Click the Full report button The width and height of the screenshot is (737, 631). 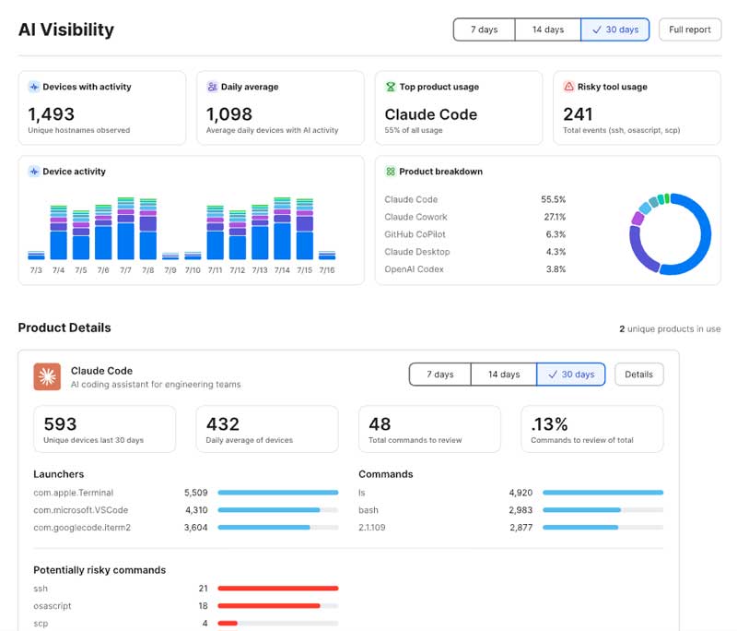point(689,30)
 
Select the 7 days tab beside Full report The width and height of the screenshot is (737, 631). point(485,30)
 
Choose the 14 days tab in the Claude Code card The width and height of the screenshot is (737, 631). point(503,375)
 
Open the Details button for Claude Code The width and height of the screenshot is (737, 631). point(638,375)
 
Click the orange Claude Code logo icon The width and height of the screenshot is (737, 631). point(47,376)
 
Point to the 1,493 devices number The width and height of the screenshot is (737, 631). point(52,114)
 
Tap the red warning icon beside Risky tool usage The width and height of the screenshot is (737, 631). point(568,87)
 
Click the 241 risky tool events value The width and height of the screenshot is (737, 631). point(578,114)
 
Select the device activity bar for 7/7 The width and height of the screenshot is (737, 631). point(125,228)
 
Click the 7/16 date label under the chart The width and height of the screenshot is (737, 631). point(327,270)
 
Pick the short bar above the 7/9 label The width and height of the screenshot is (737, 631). point(170,256)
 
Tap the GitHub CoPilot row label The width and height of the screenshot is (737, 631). point(415,234)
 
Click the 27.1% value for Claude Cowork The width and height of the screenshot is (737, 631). point(555,217)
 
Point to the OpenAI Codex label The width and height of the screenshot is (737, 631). point(414,269)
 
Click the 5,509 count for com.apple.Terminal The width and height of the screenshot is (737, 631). point(195,493)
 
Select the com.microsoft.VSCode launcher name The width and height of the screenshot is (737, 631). point(81,510)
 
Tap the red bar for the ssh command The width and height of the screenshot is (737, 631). point(278,589)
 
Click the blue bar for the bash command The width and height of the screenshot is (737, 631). point(581,510)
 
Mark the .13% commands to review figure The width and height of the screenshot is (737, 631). point(549,424)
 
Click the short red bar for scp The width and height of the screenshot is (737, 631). point(228,624)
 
